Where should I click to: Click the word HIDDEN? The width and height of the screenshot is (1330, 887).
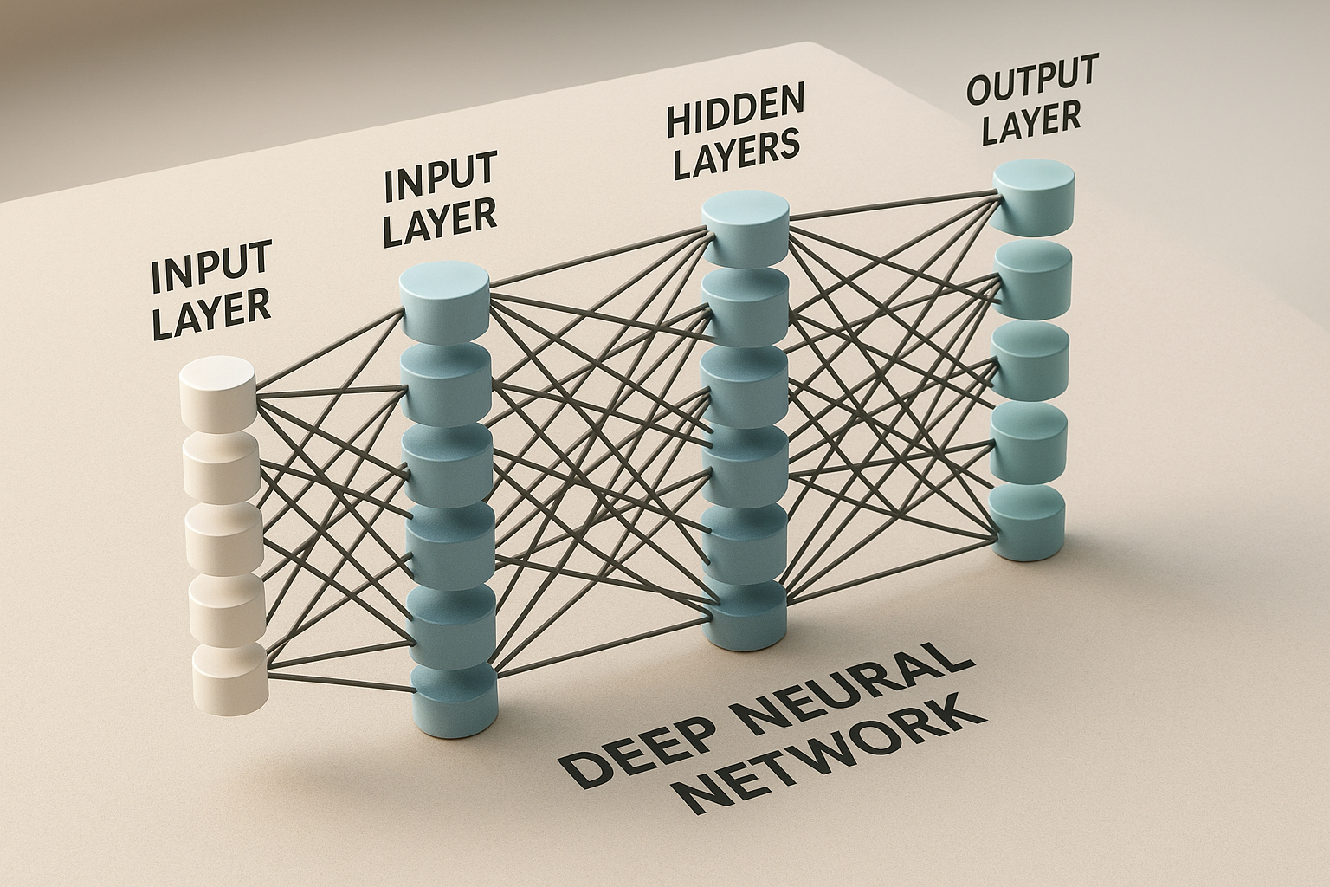[735, 111]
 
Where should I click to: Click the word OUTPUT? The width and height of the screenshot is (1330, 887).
[1032, 78]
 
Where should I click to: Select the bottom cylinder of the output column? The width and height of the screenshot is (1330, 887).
[1028, 520]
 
